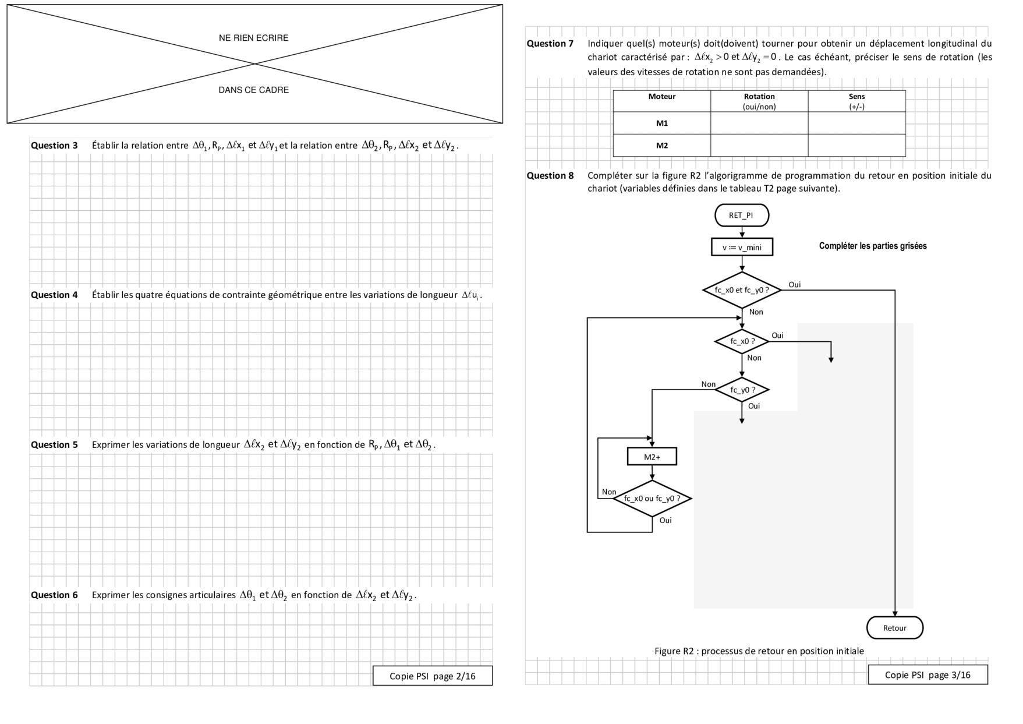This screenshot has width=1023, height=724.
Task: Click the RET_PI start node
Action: [x=741, y=215]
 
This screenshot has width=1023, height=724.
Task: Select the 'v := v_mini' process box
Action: [x=742, y=247]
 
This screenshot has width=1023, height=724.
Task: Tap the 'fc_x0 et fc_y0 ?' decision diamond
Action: [x=742, y=289]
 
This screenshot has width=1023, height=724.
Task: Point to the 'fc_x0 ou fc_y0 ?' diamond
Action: [x=652, y=499]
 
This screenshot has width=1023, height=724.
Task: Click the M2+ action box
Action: [x=652, y=457]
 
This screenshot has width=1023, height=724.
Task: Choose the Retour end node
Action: [x=894, y=628]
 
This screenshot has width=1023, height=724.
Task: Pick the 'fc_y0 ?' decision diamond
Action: [x=742, y=390]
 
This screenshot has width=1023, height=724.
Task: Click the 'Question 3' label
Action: [x=54, y=146]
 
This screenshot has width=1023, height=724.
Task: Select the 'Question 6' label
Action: [x=54, y=595]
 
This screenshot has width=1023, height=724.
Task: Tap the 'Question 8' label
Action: [x=550, y=176]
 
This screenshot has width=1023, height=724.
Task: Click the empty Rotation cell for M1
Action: [x=759, y=123]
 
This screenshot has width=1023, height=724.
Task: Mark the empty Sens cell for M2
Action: [x=856, y=146]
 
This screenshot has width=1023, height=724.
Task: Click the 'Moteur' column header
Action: [x=661, y=97]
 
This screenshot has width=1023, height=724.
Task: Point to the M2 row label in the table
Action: [x=661, y=146]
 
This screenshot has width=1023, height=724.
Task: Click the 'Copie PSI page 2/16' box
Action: [x=433, y=676]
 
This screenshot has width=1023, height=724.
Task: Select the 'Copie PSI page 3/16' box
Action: [x=928, y=674]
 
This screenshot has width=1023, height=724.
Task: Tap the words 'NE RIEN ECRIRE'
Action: [x=254, y=38]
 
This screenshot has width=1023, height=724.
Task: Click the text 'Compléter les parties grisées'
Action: [x=872, y=246]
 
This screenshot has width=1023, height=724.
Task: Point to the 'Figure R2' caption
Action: [x=759, y=651]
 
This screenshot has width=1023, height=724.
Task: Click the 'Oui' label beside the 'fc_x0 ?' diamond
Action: [x=777, y=335]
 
